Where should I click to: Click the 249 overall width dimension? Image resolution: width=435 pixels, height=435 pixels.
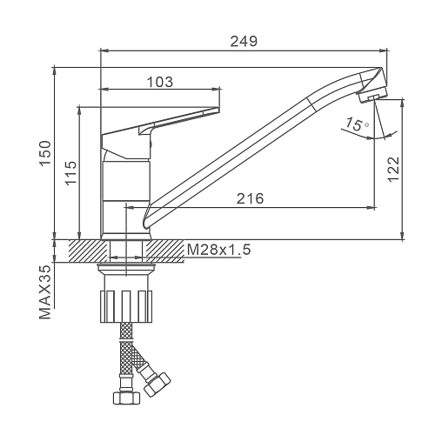point(244,42)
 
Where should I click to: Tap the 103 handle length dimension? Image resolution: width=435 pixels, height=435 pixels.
point(160,82)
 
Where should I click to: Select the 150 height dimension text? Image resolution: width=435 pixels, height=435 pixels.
point(45,153)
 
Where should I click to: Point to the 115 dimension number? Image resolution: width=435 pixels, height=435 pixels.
point(70,173)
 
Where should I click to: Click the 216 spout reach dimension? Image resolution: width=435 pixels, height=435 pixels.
point(251,198)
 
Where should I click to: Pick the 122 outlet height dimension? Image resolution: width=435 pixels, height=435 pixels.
point(393,170)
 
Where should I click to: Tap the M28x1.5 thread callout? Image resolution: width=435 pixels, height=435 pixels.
point(219,250)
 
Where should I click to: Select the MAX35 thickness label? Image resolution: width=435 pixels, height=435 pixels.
point(45,292)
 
